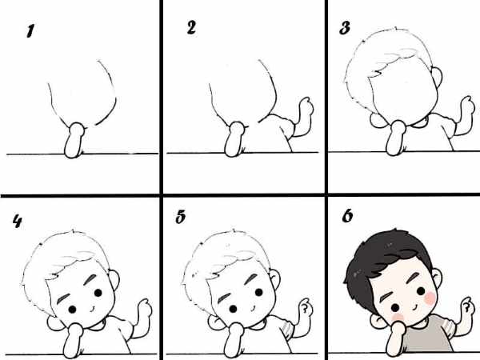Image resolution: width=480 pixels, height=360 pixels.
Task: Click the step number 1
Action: click(x=30, y=31)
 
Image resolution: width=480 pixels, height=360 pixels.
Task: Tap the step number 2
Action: click(x=191, y=28)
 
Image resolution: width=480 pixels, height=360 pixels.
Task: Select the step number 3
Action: click(x=345, y=28)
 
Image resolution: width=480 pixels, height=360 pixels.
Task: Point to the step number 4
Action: click(x=17, y=221)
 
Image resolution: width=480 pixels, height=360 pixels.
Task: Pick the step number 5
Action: click(x=181, y=217)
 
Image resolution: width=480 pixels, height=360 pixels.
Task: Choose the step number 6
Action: click(x=347, y=216)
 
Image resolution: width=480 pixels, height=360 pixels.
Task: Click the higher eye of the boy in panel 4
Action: click(x=98, y=293)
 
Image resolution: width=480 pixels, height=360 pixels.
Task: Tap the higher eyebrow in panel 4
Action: click(x=90, y=279)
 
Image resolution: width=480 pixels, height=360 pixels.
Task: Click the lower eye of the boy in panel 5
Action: click(x=233, y=309)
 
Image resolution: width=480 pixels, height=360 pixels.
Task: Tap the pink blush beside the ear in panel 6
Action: click(x=430, y=298)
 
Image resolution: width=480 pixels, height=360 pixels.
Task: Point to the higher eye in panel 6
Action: click(x=421, y=291)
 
